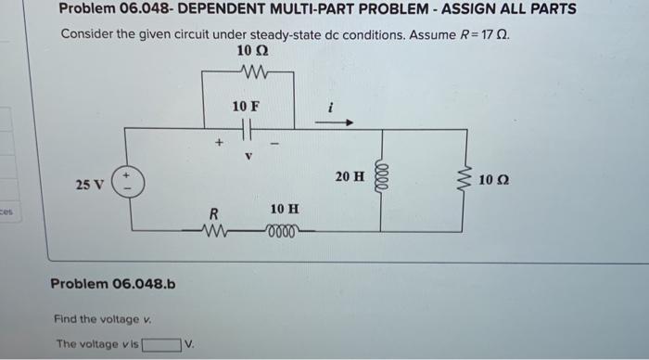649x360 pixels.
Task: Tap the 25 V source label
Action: [89, 185]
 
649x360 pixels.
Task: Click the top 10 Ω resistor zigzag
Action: [250, 71]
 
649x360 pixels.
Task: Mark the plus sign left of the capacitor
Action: [219, 144]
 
